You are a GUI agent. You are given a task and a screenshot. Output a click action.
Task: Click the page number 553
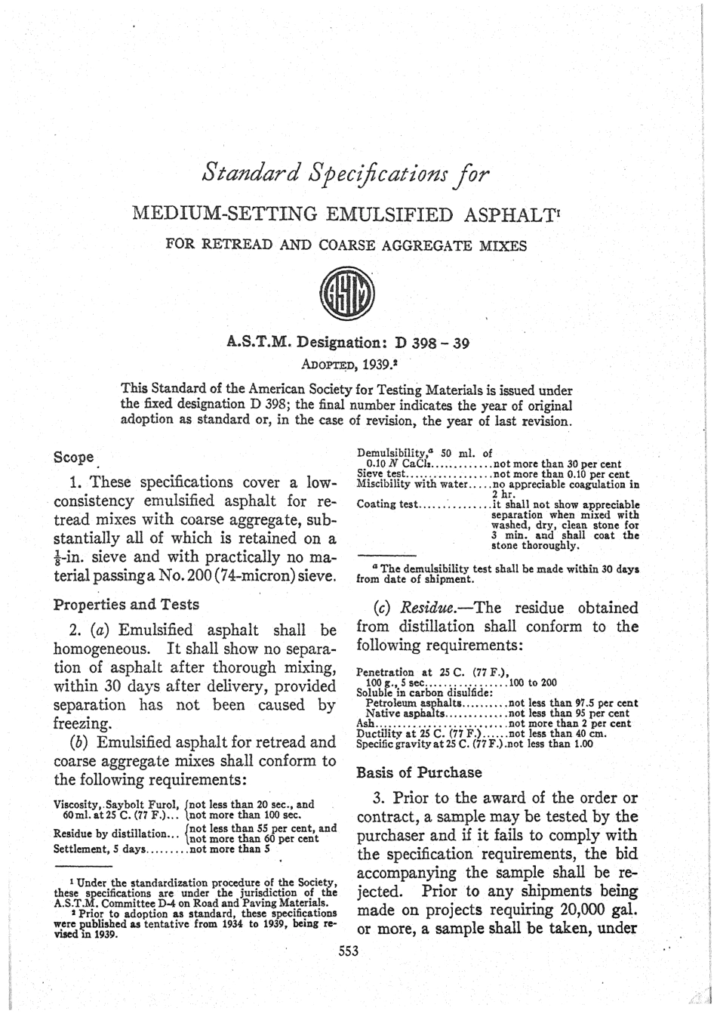[x=348, y=951]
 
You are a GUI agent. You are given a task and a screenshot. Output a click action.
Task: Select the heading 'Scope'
[x=73, y=457]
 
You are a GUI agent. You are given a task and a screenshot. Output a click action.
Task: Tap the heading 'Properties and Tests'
[x=126, y=604]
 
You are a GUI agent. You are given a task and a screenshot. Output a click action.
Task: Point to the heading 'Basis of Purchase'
[x=418, y=772]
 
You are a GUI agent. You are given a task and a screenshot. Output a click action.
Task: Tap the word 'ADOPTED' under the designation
[x=328, y=362]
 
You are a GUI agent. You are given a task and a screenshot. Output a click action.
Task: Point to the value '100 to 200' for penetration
[x=534, y=682]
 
